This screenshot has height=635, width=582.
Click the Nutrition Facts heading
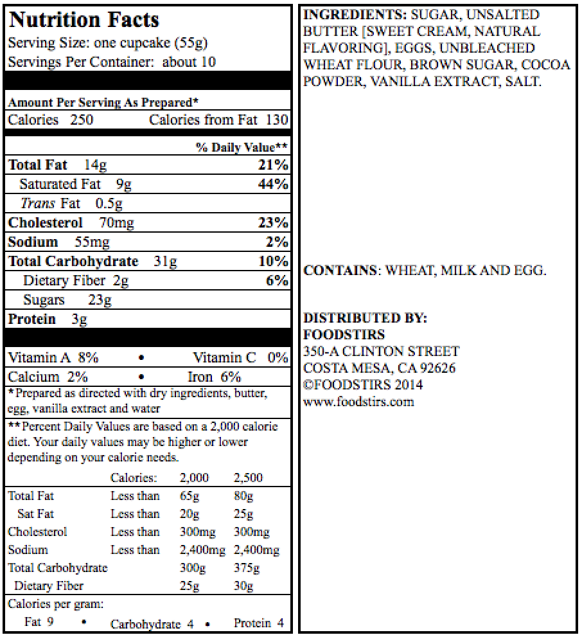(x=84, y=20)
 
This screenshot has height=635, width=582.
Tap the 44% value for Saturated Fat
(x=272, y=184)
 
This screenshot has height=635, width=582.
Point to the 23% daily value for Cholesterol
(x=272, y=223)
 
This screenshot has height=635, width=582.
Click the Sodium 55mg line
(x=58, y=242)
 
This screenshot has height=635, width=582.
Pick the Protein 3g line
(x=48, y=319)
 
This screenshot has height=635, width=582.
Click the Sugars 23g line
(x=67, y=300)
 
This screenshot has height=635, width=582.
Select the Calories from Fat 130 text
(x=218, y=120)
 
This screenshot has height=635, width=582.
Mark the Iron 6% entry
(x=214, y=377)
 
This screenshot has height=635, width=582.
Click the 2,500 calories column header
(x=248, y=478)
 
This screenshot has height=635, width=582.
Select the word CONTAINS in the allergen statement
(x=340, y=271)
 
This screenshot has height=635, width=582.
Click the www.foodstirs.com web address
(x=358, y=402)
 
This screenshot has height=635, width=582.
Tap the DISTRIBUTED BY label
(x=365, y=318)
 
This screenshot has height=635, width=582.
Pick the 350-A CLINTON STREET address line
(x=381, y=352)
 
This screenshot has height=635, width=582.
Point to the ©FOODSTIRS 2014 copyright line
(x=363, y=385)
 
